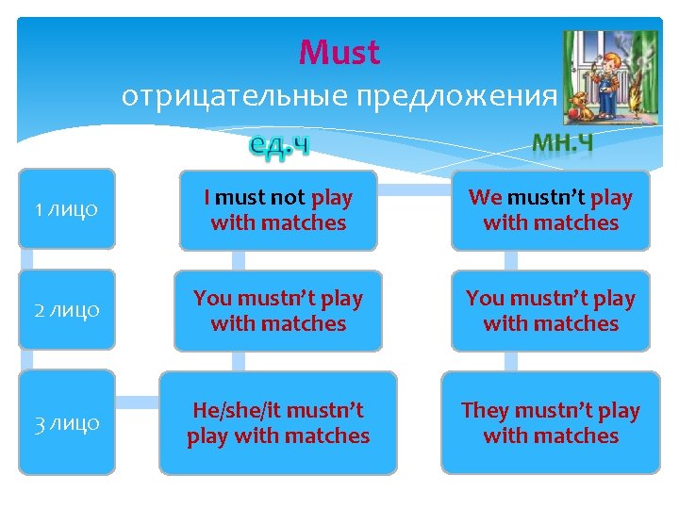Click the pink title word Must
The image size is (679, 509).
[339, 53]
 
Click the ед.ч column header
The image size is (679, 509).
[279, 144]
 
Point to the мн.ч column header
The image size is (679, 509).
[562, 141]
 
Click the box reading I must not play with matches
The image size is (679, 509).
[278, 210]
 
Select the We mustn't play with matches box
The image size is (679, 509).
[550, 210]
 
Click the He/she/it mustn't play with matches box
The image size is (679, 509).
[278, 423]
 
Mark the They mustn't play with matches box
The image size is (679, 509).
[550, 423]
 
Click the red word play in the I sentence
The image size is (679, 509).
[332, 198]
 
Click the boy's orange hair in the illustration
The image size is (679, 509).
[612, 58]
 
